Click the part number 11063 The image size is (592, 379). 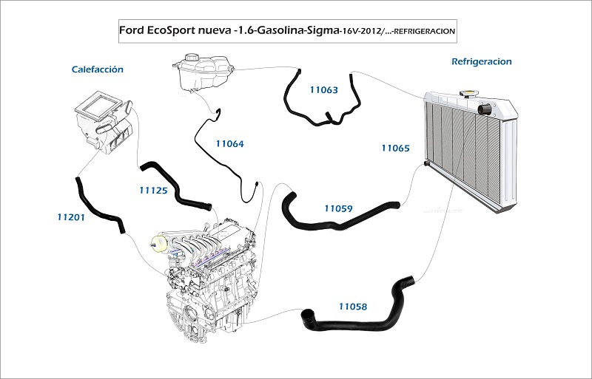point(323,89)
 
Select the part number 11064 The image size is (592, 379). point(229,143)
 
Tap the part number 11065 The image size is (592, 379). point(395,148)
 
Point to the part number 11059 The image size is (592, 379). point(338,208)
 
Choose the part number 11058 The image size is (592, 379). point(353,307)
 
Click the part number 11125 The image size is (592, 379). point(153,191)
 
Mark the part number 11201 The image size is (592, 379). point(71,217)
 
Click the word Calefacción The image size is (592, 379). point(98,69)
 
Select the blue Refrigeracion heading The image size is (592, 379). point(482,61)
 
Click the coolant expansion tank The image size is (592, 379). point(203,72)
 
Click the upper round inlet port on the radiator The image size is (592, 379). point(484,109)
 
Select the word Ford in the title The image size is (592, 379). point(131,30)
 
